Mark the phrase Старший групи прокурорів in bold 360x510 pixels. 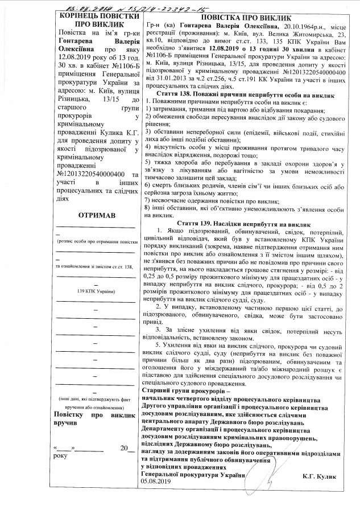tap(185, 392)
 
